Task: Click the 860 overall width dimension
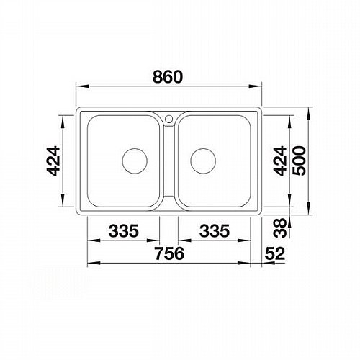168,77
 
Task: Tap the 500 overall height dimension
300,161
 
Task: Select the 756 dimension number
169,253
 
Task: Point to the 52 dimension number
275,253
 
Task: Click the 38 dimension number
280,228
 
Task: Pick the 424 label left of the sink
53,161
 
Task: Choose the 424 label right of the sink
280,161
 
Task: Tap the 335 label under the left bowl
124,231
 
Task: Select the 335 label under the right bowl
215,231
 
